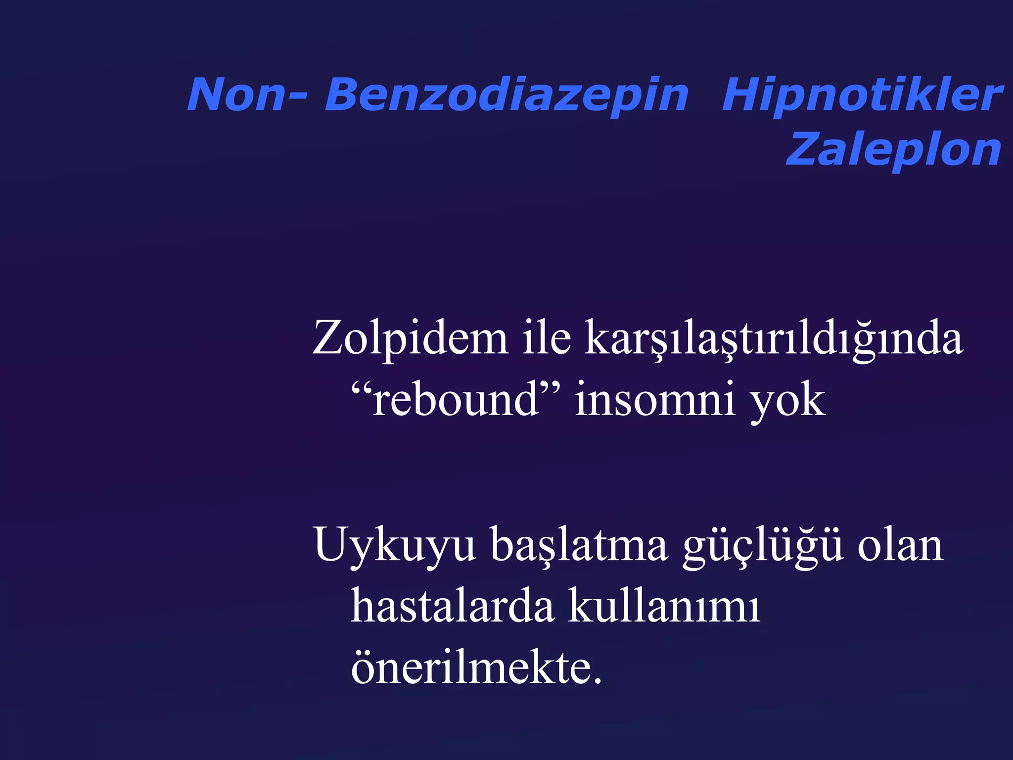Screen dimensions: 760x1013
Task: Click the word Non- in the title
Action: coord(246,95)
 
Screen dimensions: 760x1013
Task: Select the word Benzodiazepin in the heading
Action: coord(506,95)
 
